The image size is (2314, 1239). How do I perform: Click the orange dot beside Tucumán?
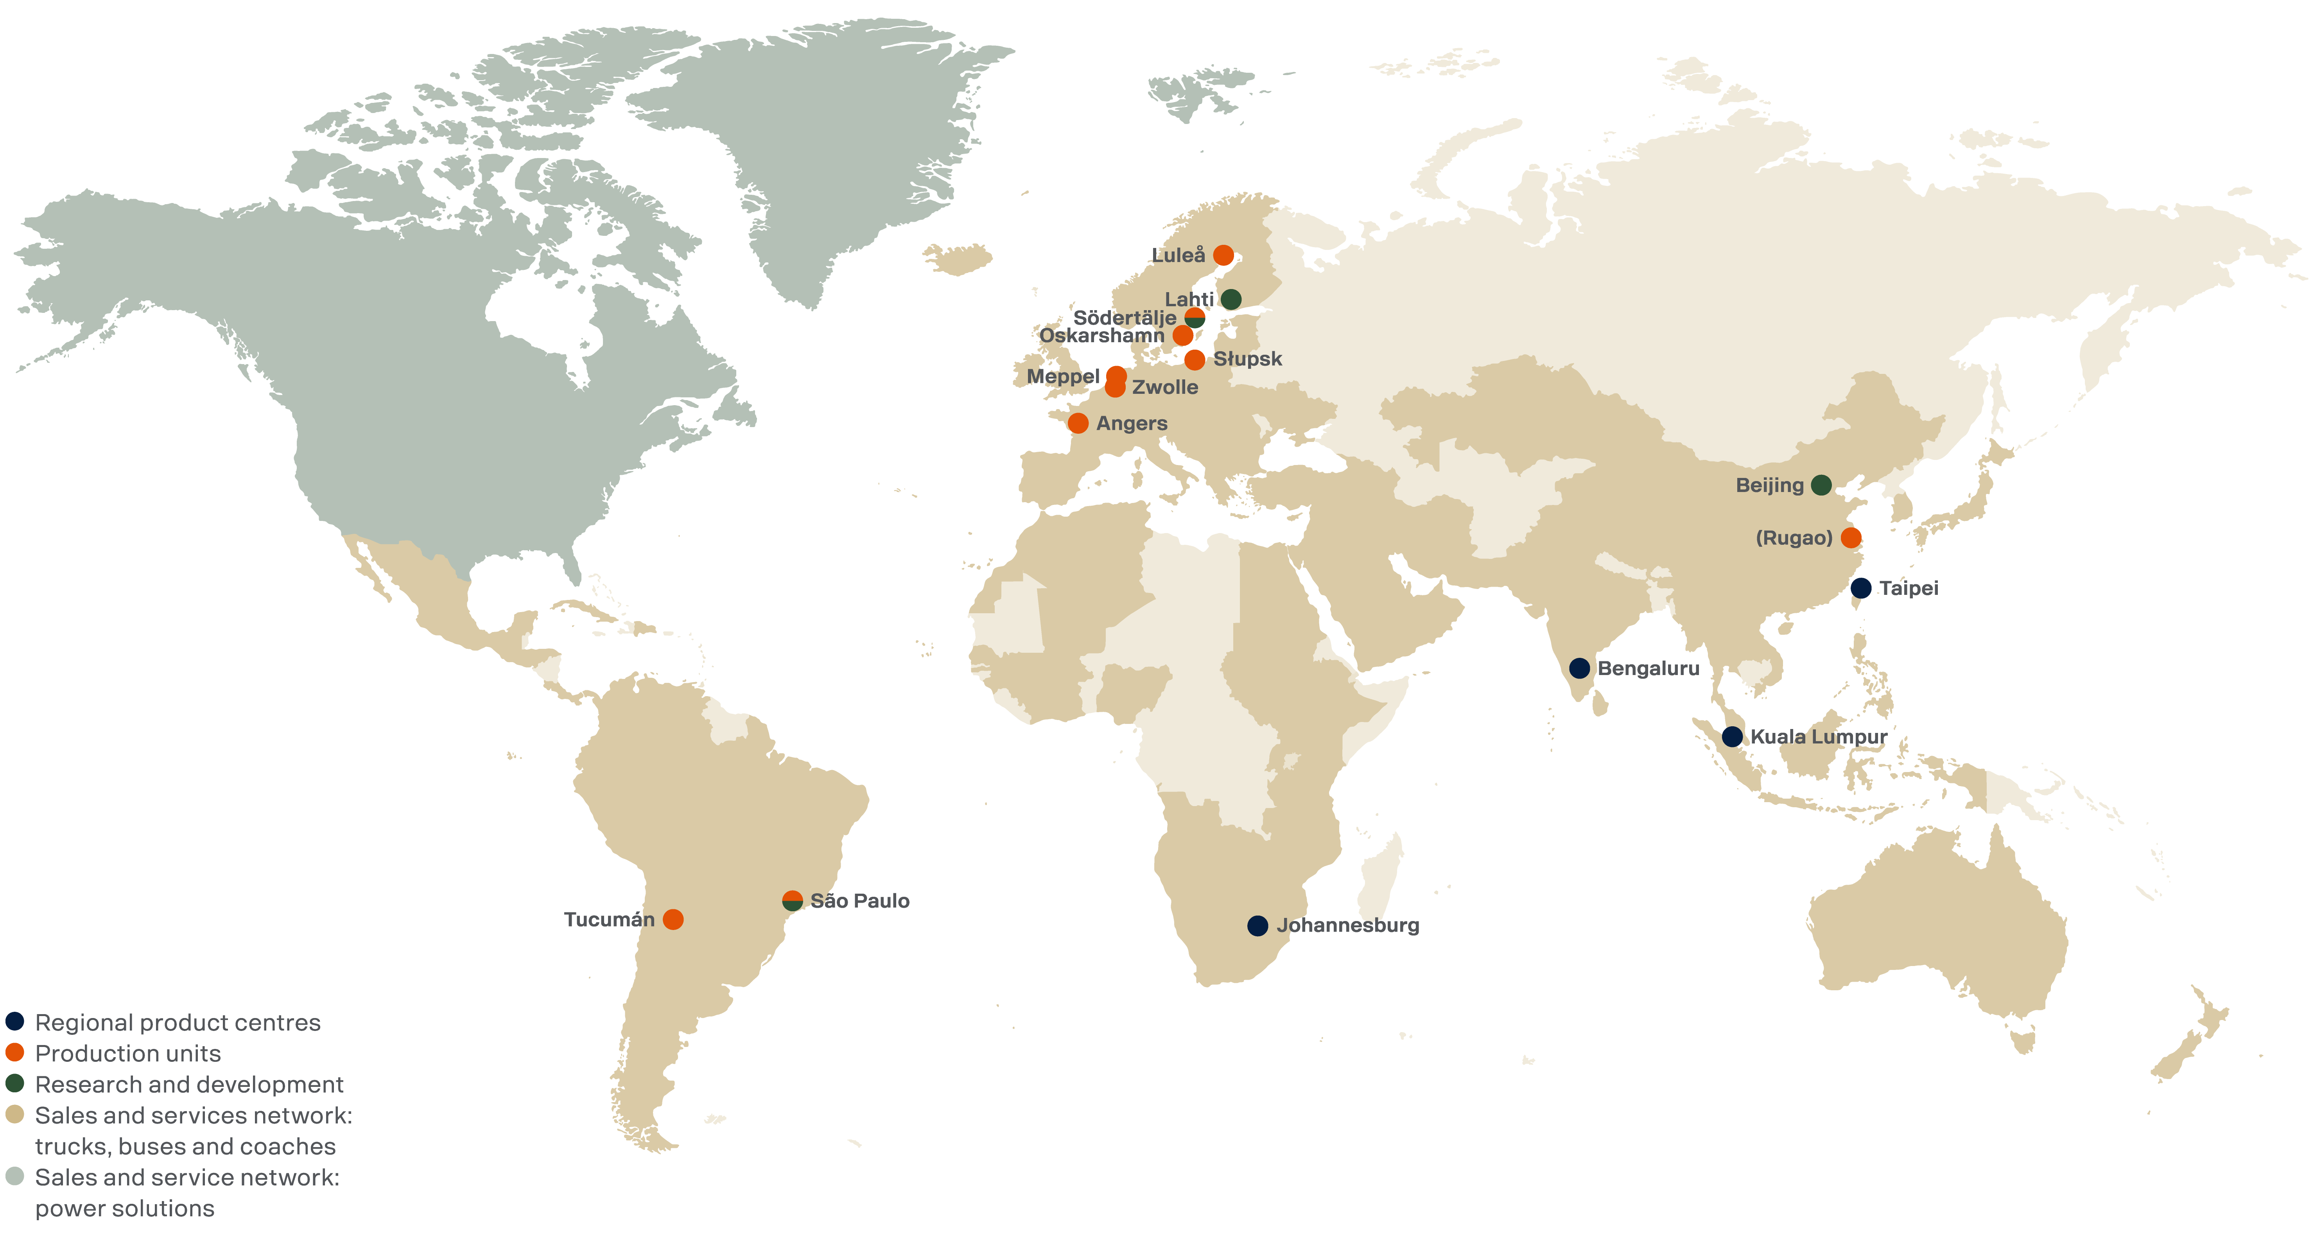point(673,919)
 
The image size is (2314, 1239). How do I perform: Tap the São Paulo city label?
point(860,901)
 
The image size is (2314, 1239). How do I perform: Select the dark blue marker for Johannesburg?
point(1257,925)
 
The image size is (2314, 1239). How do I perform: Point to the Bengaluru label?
point(1649,668)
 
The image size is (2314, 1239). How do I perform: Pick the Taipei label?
point(1909,589)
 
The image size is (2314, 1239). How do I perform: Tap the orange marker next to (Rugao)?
point(1851,538)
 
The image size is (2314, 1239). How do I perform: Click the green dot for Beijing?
point(1821,485)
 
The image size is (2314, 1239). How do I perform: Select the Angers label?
point(1132,423)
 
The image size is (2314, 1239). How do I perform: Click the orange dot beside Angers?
point(1078,423)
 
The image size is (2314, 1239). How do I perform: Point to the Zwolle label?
point(1165,387)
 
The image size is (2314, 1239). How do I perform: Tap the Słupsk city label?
point(1248,359)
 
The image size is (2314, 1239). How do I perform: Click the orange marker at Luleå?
point(1223,255)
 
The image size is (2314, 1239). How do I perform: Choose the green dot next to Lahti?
point(1231,299)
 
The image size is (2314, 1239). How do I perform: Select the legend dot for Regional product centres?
point(14,1022)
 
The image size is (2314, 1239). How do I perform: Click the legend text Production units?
point(127,1053)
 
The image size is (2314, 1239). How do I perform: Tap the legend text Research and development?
point(188,1085)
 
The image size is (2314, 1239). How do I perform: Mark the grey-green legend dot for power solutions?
point(14,1177)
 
